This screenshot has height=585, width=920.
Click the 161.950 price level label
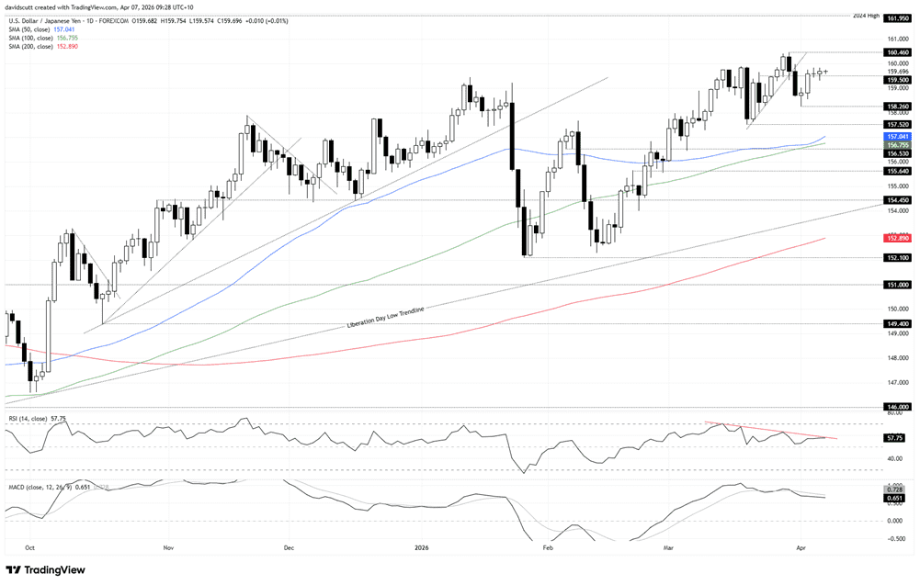[897, 17]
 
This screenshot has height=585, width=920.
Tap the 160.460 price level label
[897, 52]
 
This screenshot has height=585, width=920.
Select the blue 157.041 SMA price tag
[897, 136]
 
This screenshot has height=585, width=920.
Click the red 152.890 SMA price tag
[897, 238]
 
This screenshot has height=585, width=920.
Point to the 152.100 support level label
[897, 258]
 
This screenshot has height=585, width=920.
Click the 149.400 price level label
[897, 323]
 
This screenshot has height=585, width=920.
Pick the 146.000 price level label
[897, 406]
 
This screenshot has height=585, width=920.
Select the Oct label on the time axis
[28, 546]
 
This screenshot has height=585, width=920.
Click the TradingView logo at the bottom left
[46, 569]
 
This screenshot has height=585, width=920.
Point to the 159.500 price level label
[897, 80]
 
